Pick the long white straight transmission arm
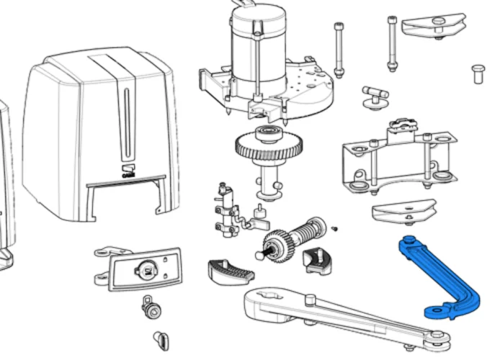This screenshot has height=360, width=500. [339, 314]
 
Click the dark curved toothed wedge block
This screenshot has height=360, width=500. [231, 271]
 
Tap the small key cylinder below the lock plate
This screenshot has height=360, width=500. [152, 308]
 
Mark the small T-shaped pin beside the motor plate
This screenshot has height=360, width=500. [374, 96]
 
